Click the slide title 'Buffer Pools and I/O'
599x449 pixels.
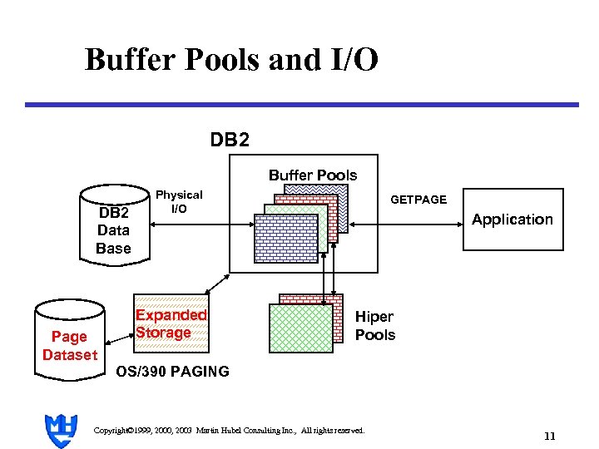click(231, 60)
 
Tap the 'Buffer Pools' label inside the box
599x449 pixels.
click(312, 175)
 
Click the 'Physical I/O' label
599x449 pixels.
click(179, 201)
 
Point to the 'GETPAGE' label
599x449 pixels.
click(418, 200)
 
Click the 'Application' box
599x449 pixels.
click(512, 219)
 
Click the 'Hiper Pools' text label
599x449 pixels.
click(374, 325)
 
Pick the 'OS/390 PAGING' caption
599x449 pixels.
click(172, 372)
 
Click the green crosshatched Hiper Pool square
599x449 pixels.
click(300, 328)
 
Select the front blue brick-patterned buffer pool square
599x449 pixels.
click(286, 239)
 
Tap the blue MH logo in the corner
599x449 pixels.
click(59, 430)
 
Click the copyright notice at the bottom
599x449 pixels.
click(229, 430)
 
